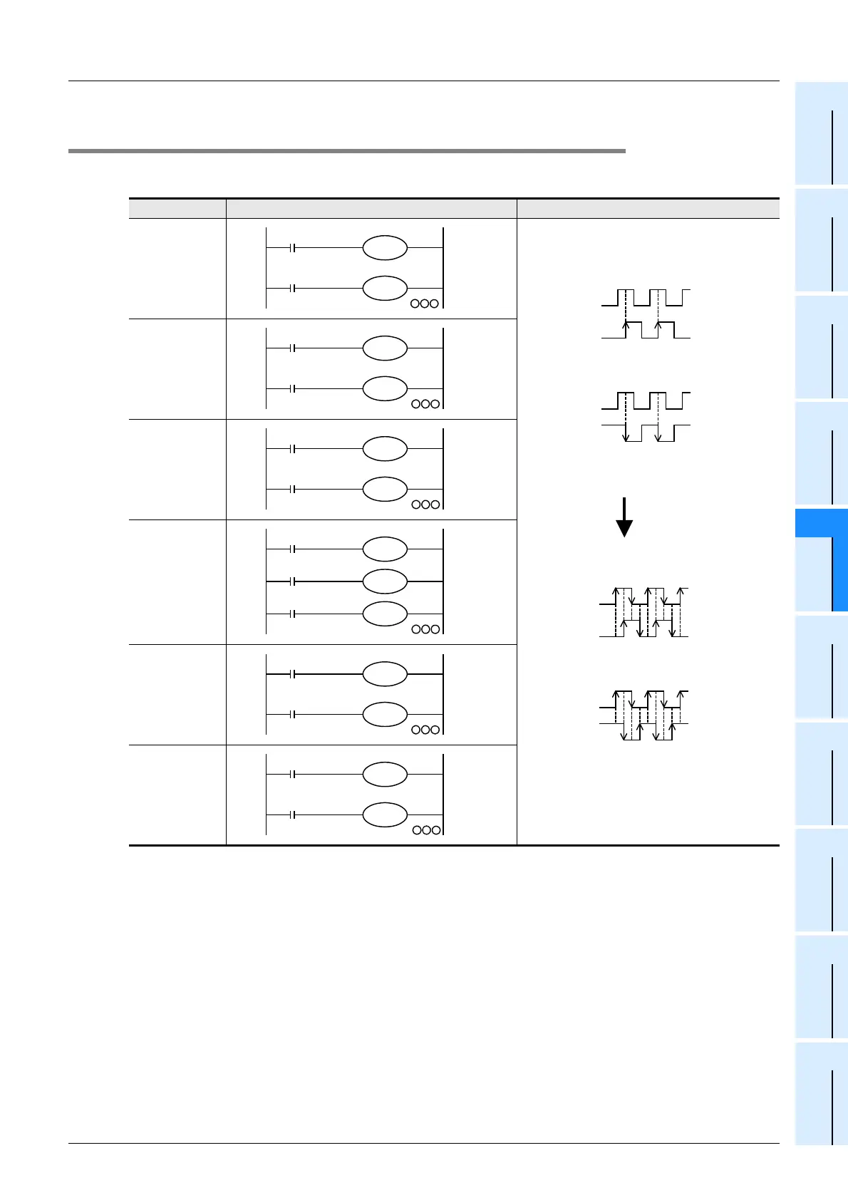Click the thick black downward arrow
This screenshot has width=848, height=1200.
[624, 517]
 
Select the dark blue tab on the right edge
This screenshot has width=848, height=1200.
[821, 560]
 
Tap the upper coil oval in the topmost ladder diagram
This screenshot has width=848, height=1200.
[385, 249]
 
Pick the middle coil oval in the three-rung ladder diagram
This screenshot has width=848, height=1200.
[385, 581]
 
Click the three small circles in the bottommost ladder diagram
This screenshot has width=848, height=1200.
[426, 830]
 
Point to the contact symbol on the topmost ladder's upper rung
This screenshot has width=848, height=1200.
[293, 249]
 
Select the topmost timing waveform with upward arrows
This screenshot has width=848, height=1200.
[646, 314]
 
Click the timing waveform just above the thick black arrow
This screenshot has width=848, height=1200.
[646, 416]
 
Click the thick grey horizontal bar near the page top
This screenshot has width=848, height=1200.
[346, 151]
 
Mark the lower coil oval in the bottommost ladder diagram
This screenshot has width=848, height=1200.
[385, 815]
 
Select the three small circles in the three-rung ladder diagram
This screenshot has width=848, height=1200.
[425, 629]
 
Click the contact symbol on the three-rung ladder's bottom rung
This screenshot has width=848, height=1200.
[293, 614]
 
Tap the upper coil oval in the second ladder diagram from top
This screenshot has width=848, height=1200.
[385, 348]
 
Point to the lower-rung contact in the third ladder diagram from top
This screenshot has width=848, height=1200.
[293, 490]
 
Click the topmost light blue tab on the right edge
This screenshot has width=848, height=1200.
[821, 133]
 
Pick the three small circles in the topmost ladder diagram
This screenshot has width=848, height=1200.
[425, 304]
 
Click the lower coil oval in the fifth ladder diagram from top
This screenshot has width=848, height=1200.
[385, 714]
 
